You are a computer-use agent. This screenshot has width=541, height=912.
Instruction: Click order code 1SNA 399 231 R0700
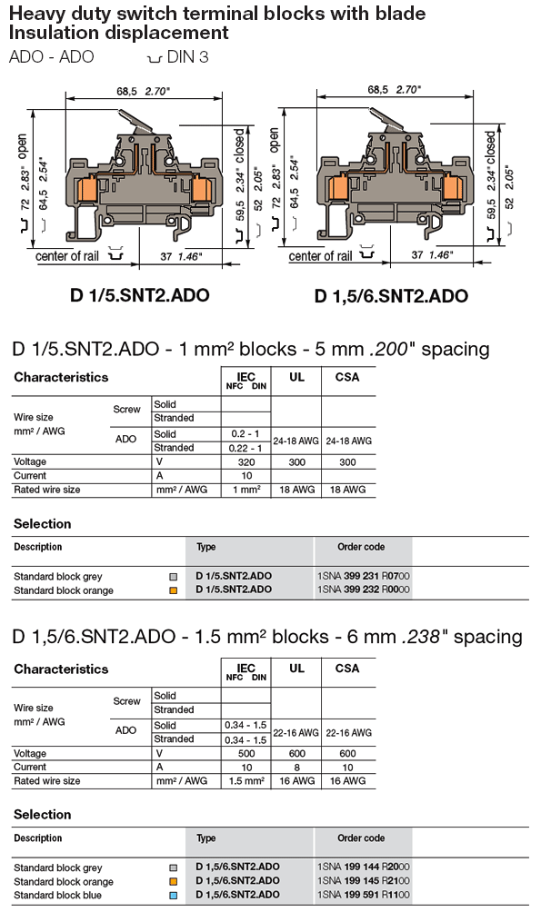361,576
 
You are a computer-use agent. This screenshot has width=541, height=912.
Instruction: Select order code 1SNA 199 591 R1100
361,895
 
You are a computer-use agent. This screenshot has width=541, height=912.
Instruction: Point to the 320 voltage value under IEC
246,461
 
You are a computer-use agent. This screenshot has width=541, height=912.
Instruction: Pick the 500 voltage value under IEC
246,753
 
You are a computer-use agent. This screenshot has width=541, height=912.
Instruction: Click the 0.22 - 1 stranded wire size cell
245,448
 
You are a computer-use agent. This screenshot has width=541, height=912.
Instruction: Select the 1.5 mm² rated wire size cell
245,780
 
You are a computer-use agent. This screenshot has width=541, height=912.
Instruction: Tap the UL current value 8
296,767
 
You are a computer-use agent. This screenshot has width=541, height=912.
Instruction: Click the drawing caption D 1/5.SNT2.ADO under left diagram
140,295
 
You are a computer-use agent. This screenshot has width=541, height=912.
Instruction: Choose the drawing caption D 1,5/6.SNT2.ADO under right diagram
391,296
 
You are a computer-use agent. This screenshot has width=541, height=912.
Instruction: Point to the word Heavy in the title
35,14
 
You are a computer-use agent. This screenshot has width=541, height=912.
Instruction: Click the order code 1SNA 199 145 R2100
361,881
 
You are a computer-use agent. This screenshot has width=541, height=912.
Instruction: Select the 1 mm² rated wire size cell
245,489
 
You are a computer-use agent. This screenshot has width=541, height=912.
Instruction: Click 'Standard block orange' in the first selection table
64,590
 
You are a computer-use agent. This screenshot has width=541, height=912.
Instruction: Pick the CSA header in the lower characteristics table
347,669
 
